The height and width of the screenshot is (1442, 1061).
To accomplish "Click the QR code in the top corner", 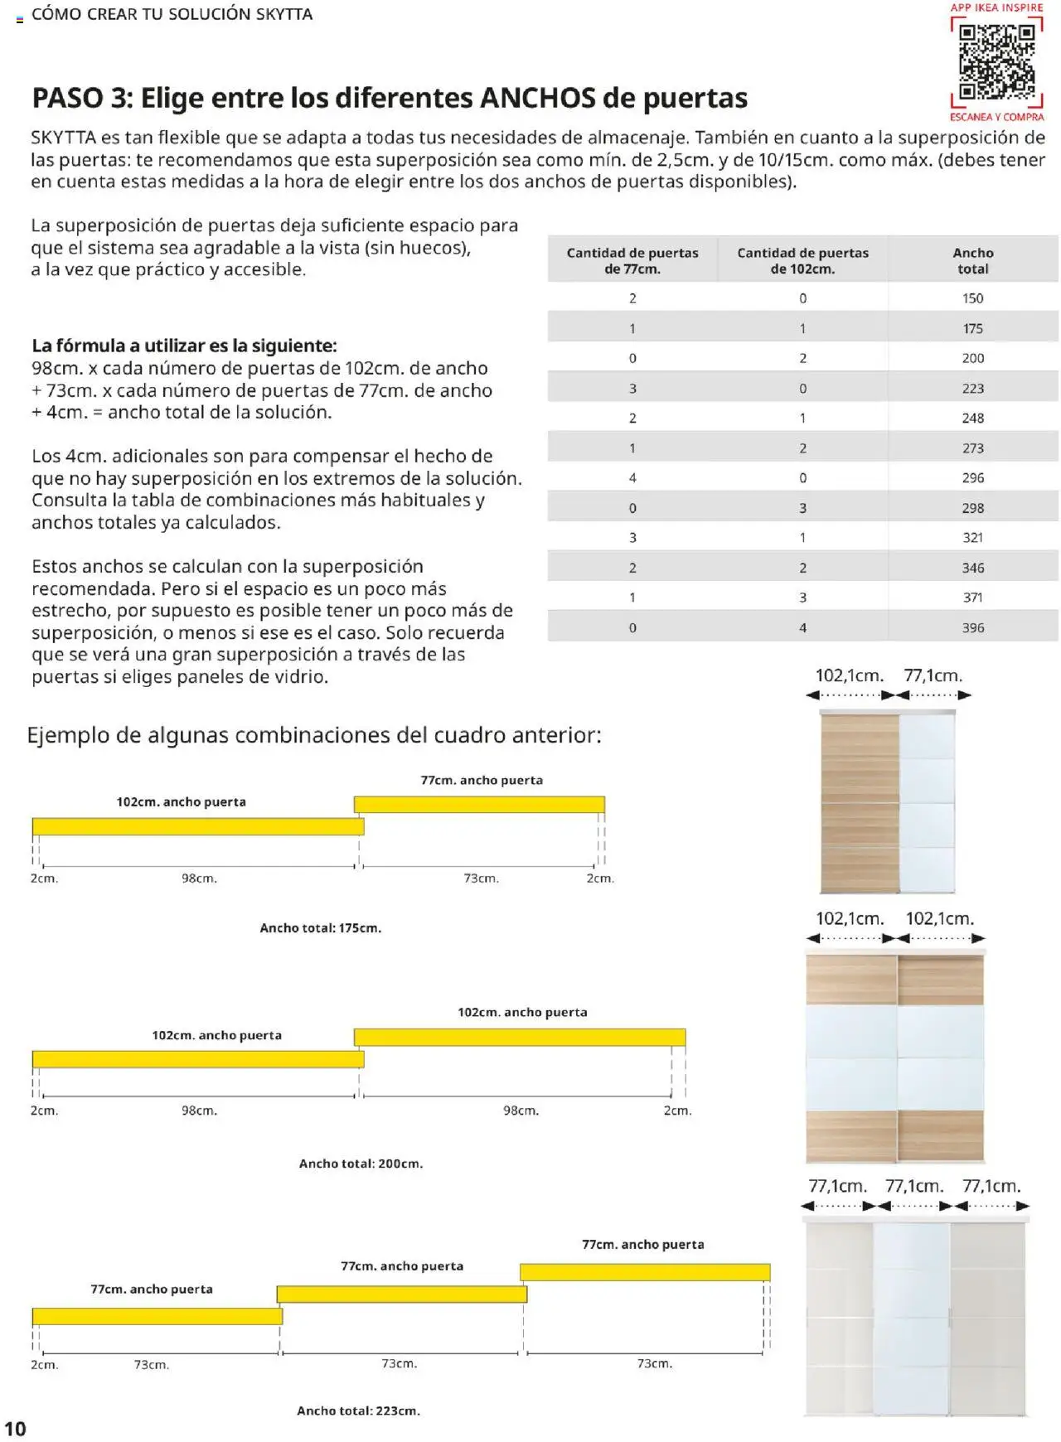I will [996, 61].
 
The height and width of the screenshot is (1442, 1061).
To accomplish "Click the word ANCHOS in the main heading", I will [538, 98].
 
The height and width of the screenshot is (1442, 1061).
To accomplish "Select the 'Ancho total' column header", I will [972, 260].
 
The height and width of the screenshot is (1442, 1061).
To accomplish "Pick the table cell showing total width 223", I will [972, 389].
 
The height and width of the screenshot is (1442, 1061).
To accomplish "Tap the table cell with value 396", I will [972, 628].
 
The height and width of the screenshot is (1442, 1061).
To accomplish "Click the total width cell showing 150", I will [972, 298].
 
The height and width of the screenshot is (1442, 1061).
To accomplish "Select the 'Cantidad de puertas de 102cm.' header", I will [802, 260].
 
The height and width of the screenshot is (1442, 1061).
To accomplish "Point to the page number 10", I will [15, 1429].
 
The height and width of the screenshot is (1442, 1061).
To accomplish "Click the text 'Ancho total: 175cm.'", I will [320, 928].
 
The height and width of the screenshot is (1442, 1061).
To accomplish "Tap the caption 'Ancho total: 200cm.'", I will [361, 1164].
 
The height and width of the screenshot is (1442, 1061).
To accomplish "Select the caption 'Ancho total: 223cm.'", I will [358, 1411].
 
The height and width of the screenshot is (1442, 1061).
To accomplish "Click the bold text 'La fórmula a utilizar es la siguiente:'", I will [184, 346].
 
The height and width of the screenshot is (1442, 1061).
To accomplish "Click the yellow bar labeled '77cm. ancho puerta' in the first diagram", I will [479, 804].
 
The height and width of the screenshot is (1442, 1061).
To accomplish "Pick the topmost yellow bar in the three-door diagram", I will [645, 1272].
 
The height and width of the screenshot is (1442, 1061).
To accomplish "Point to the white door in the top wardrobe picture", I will [927, 802].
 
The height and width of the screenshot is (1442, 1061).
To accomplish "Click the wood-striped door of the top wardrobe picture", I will [860, 802].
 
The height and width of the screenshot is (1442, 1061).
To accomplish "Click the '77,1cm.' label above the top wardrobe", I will [933, 675].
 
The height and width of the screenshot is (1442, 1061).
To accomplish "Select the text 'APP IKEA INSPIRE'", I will [996, 7].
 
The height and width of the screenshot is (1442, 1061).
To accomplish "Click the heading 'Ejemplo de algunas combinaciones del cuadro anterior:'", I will [314, 735].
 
